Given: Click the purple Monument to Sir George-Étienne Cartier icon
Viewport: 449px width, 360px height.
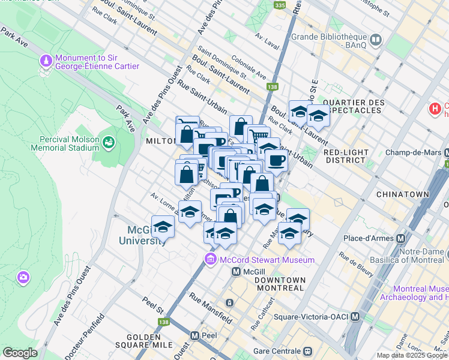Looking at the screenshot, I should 46,61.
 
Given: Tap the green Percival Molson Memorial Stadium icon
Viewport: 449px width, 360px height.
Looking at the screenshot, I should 109,142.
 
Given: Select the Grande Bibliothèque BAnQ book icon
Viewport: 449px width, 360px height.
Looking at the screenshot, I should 376,40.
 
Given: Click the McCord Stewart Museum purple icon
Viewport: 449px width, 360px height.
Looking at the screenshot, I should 210,259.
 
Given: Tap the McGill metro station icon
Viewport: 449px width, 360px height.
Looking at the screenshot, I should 237,272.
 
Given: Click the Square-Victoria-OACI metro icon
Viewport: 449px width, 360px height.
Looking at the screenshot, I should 355,316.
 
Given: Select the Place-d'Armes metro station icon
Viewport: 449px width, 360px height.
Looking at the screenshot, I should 400,238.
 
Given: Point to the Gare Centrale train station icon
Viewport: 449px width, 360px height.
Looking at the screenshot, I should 308,350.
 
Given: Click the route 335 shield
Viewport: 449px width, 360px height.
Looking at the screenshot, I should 279,5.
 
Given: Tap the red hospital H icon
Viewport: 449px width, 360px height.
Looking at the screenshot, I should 435,109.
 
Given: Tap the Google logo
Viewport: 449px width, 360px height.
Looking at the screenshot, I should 20,352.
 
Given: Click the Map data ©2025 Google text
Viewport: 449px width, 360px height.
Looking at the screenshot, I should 412,355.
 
